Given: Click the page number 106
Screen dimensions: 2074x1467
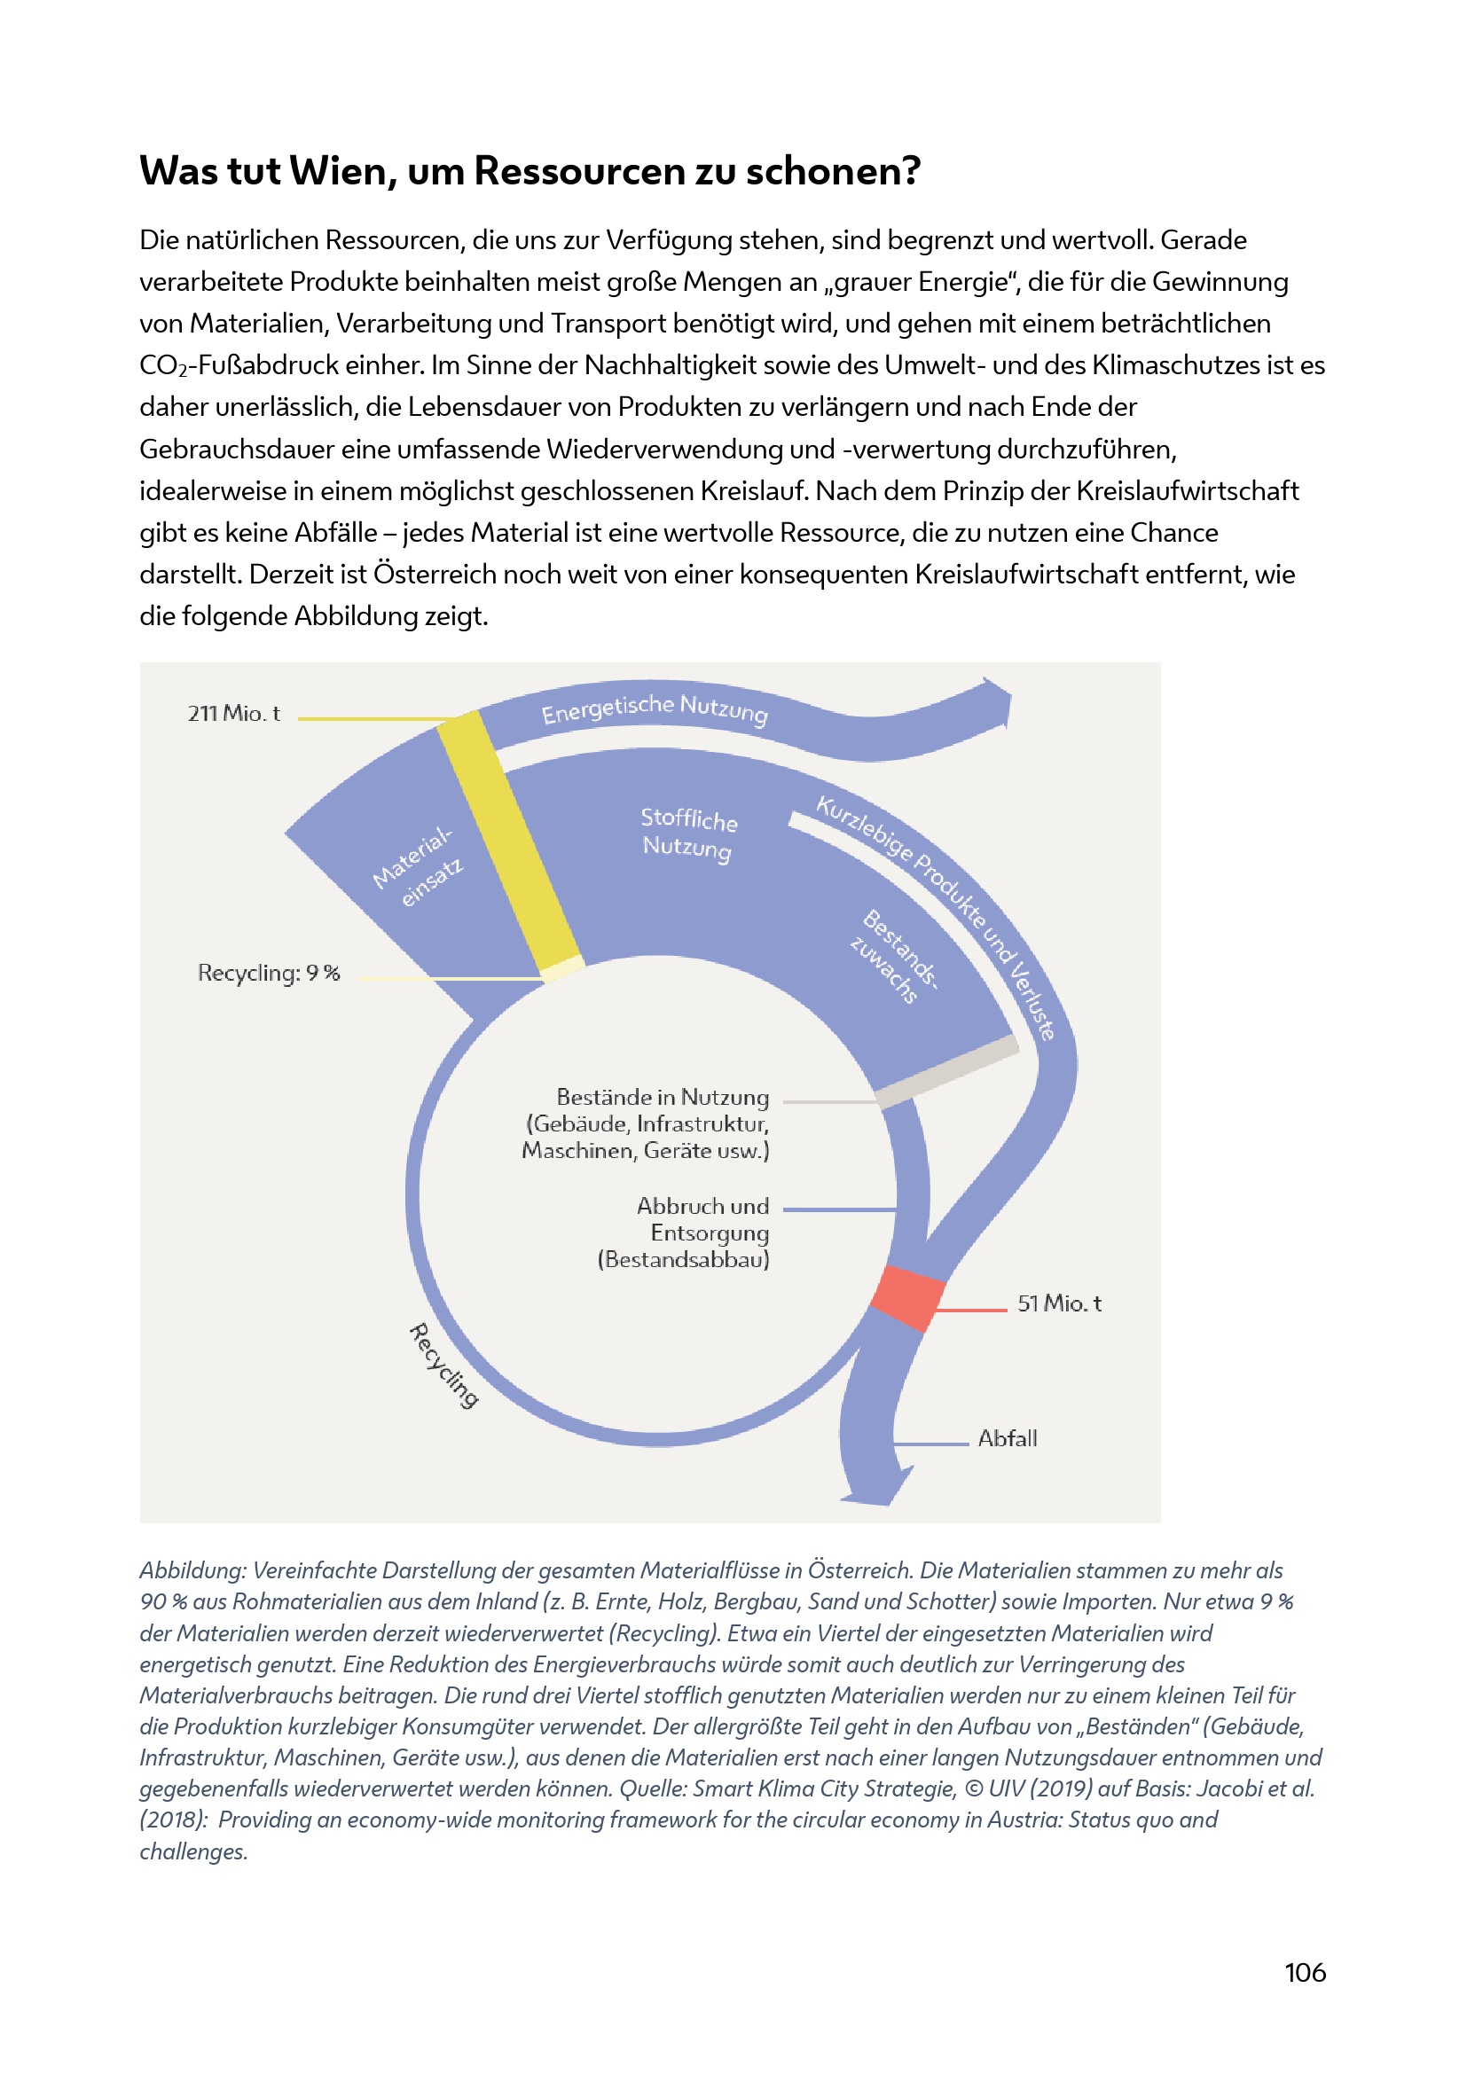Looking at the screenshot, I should (1305, 1972).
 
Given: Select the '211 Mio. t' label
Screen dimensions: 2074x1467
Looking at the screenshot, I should (234, 714).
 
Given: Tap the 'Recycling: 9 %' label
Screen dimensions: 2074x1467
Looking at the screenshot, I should (268, 973).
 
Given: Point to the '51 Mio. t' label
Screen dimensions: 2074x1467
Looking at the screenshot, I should (1059, 1303).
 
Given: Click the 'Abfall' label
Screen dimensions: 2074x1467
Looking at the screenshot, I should (1008, 1438).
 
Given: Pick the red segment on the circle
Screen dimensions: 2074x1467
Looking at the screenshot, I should (907, 1297).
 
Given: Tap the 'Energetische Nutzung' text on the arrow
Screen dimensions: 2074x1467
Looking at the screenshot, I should (654, 708).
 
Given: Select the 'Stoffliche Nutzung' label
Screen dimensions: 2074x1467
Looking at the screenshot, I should (688, 833).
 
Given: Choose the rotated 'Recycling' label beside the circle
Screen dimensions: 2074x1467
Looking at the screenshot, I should (443, 1365).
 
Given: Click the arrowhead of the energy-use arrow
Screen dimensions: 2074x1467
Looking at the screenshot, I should (998, 703).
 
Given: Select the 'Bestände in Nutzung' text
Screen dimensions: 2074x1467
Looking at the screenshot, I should (663, 1097).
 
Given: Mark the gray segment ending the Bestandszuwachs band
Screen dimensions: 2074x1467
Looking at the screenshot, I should (946, 1071).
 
